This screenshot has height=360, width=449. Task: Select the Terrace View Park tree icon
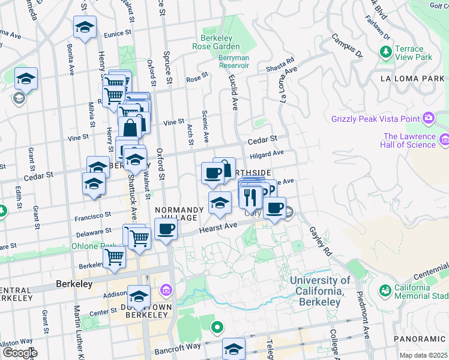(x=385, y=53)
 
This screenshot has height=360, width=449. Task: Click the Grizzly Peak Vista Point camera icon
(x=429, y=118)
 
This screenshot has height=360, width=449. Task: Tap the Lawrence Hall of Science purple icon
(x=444, y=140)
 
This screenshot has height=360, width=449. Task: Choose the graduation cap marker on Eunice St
(x=85, y=26)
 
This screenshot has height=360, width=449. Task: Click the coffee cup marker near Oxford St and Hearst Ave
(x=166, y=229)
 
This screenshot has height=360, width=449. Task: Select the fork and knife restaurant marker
(x=251, y=196)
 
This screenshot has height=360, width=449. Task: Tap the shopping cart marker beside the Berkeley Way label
(x=114, y=257)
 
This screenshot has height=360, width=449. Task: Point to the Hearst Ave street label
(x=215, y=226)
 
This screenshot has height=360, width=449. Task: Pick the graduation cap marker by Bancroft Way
(x=234, y=349)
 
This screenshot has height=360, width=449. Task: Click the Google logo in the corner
(x=19, y=353)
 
